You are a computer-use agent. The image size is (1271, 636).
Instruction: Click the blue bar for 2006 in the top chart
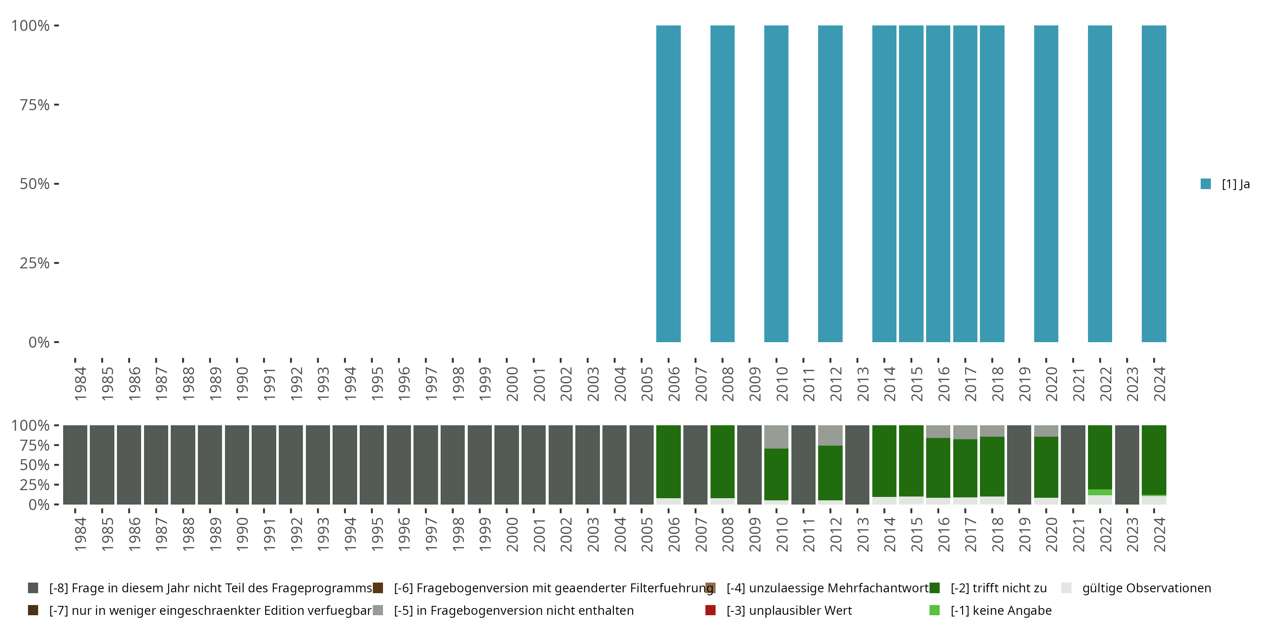point(668,184)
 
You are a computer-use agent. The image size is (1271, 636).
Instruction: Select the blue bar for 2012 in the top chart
point(830,184)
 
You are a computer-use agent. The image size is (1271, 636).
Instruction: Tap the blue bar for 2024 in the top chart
point(1154,184)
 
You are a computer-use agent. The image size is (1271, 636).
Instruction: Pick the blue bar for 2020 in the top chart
point(1046,184)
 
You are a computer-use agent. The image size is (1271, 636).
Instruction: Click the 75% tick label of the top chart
point(35,105)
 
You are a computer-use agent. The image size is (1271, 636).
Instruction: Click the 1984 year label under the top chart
point(80,384)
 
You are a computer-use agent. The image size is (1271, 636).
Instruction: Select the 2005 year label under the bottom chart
point(647,534)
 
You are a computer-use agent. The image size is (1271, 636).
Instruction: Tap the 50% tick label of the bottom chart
point(35,465)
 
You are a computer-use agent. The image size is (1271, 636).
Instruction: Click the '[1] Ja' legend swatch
point(1205,184)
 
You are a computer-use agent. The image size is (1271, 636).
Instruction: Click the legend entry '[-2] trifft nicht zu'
point(998,588)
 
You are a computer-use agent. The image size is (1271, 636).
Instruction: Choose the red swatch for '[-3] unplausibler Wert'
point(710,610)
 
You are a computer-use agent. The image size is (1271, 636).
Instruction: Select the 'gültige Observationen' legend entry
point(1146,588)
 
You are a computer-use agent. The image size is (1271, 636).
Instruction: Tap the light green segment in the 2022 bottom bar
point(1100,492)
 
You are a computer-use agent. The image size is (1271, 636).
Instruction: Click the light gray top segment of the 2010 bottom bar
point(776,437)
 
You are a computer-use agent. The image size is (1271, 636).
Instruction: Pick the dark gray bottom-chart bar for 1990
point(237,465)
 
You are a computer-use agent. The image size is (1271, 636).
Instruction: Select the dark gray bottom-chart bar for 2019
point(1019,465)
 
